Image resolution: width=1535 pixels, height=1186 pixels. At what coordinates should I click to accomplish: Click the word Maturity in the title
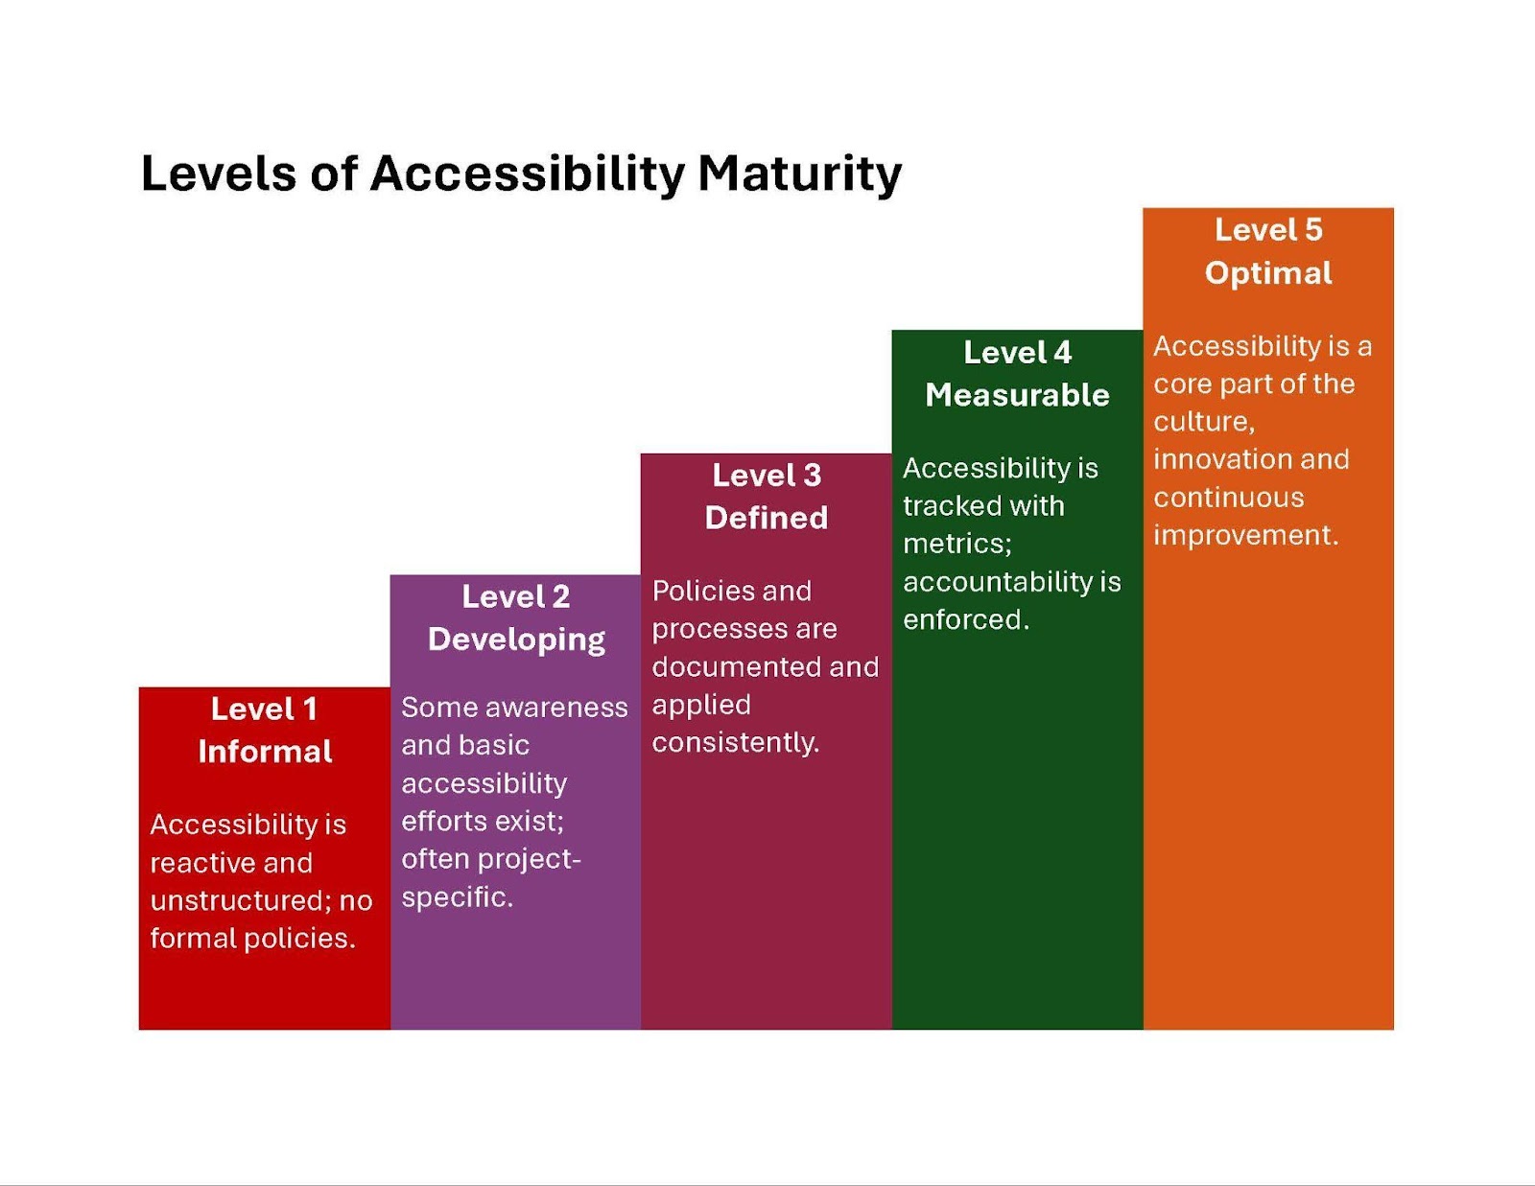pos(800,174)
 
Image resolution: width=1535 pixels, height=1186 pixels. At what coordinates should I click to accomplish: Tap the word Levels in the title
pos(219,173)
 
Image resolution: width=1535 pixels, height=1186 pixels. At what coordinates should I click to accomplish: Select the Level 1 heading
pos(264,709)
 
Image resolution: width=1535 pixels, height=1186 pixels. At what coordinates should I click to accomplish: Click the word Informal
pos(265,752)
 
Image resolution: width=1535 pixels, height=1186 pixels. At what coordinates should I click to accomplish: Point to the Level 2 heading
pos(516,597)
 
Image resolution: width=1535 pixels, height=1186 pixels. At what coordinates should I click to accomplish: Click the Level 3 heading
pos(767,476)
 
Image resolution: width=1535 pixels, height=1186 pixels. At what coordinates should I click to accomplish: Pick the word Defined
pos(767,518)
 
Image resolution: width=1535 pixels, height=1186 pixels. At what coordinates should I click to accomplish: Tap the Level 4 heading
pos(1017,353)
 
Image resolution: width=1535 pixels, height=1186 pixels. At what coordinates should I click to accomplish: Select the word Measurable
pos(1017,395)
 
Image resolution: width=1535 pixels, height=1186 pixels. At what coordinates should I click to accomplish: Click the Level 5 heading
pos(1268,231)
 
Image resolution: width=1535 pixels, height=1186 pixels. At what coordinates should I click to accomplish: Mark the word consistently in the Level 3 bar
pos(735,744)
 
